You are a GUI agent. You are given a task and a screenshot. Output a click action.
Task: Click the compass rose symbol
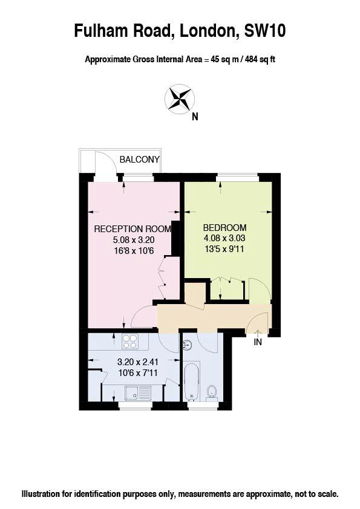180,99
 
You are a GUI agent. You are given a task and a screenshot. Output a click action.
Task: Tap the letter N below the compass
195,117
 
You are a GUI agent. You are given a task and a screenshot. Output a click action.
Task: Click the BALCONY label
139,160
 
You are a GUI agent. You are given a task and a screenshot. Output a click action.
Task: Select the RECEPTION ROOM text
133,229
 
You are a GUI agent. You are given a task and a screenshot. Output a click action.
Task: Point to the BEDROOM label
224,227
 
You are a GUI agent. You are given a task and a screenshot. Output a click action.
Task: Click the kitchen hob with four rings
130,342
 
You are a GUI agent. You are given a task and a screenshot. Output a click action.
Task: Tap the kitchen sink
138,393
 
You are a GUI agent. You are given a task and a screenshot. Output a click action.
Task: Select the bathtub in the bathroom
191,382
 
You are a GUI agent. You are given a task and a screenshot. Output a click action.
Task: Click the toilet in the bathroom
212,392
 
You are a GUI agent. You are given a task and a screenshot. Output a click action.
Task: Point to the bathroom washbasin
187,345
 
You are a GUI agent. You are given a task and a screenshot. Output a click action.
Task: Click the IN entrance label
258,342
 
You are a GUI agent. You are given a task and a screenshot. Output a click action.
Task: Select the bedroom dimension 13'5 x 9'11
224,249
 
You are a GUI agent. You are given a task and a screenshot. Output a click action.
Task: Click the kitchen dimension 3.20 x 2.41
137,361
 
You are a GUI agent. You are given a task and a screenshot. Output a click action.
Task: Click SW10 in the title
264,31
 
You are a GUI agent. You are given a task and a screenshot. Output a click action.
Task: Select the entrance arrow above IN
258,333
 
